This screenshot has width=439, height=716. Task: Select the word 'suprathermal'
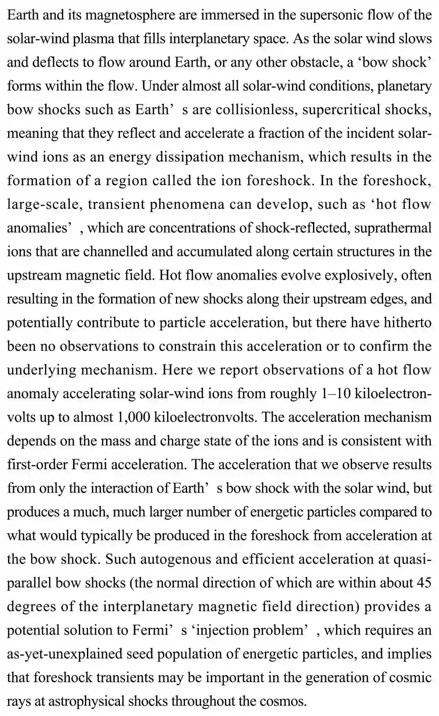[x=393, y=228]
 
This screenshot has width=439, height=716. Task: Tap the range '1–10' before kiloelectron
[x=336, y=393]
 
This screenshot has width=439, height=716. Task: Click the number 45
[x=423, y=583]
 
